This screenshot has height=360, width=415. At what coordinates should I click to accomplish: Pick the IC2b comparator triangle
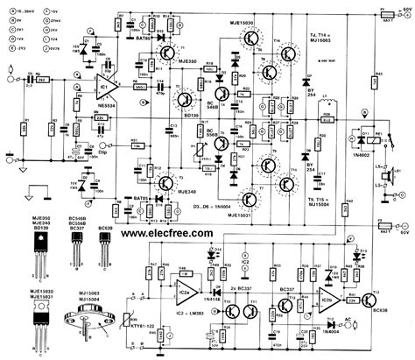pyautogui.click(x=338, y=300)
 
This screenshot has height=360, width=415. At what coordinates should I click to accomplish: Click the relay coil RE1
pyautogui.click(x=355, y=138)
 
